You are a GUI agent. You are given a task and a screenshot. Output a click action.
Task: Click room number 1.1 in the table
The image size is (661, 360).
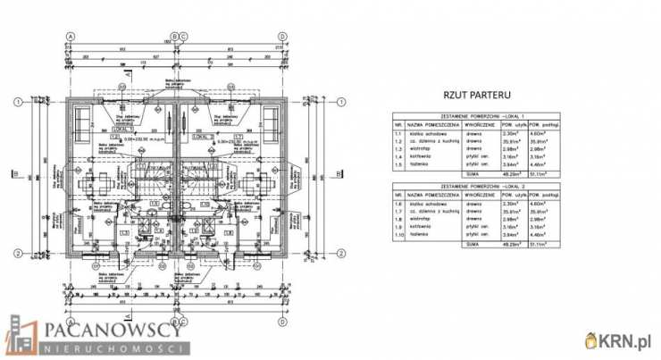[398, 133]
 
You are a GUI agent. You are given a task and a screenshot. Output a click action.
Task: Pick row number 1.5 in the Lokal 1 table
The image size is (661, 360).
[398, 163]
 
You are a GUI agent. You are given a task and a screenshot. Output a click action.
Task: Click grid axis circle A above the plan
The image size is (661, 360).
[70, 37]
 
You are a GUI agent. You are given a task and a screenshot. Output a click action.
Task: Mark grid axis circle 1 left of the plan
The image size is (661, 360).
[17, 101]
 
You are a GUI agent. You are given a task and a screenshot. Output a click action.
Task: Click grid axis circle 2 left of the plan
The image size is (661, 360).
[17, 255]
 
